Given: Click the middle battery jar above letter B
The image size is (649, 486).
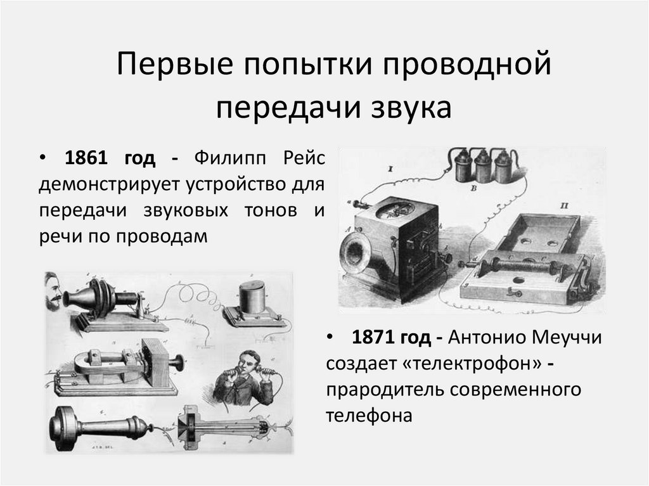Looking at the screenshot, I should coord(485,166).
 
